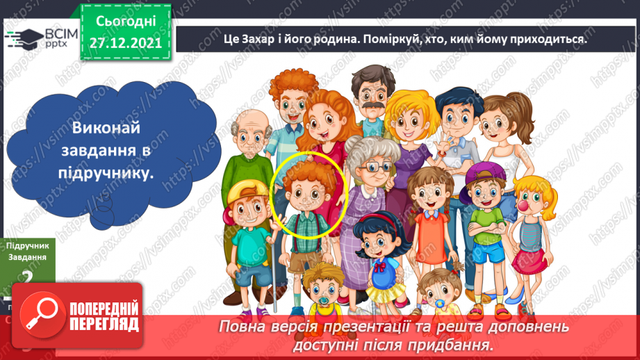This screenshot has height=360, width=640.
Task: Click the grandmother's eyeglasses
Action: pos(366,167)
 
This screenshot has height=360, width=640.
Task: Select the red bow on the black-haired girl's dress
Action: pos(378,265)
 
